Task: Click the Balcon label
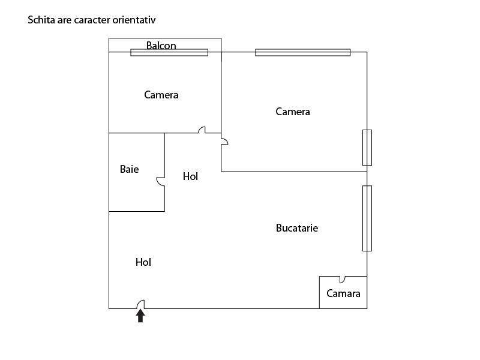(x=161, y=46)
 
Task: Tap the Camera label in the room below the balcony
(x=161, y=95)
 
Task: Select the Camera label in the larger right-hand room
(x=293, y=112)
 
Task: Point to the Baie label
(x=129, y=169)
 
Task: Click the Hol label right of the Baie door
(x=190, y=176)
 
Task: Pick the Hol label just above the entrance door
(x=143, y=262)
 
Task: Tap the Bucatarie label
(x=297, y=228)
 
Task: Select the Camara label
(x=343, y=293)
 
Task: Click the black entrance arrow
(x=140, y=316)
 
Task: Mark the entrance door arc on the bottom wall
(x=140, y=304)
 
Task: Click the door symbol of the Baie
(x=160, y=181)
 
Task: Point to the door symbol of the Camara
(x=342, y=279)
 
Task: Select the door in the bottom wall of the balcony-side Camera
(x=202, y=130)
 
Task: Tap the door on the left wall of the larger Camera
(x=224, y=141)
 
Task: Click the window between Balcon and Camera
(x=169, y=52)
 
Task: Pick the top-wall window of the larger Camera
(x=302, y=52)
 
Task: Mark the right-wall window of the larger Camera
(x=367, y=148)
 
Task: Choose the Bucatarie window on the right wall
(x=367, y=218)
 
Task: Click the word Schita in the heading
(x=42, y=20)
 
